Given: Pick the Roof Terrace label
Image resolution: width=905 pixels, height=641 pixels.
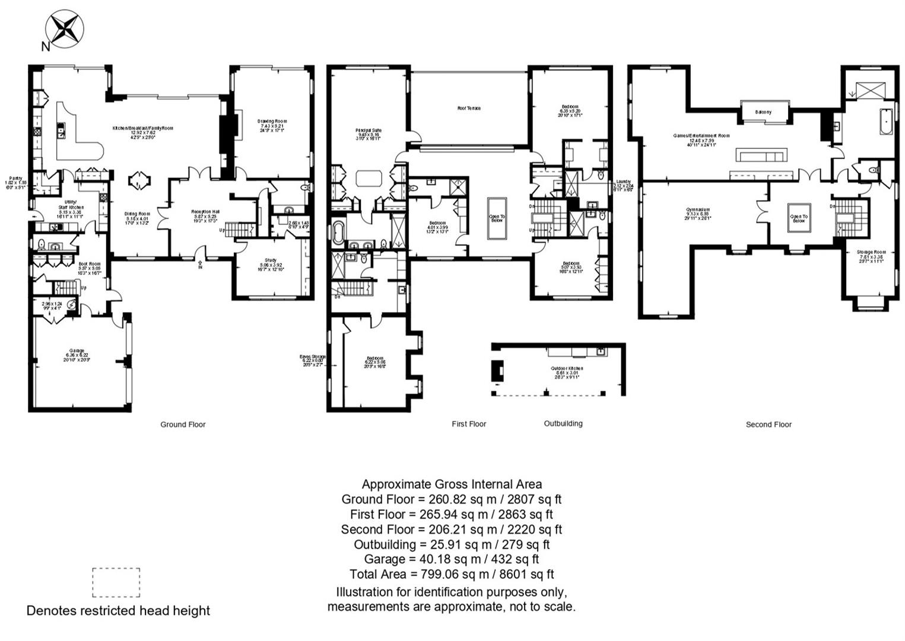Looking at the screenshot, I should click(469, 109).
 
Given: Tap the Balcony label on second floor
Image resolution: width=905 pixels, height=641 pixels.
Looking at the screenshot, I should click(764, 112).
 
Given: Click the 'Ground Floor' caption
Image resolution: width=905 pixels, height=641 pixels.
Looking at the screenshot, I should click(183, 424).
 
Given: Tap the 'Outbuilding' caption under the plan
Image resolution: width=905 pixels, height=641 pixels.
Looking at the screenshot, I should click(563, 423).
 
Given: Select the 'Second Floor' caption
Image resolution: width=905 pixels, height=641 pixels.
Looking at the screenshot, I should click(769, 424).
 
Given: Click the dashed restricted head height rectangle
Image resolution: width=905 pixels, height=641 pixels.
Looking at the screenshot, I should click(116, 582).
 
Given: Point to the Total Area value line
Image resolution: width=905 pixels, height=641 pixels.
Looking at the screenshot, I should click(452, 574).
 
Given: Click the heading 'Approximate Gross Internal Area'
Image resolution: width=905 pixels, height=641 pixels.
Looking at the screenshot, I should click(452, 484).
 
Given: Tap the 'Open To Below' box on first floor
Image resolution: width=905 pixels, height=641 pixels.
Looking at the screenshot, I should click(497, 218).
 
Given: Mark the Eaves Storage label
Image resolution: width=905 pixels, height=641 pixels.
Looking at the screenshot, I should click(313, 358).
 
